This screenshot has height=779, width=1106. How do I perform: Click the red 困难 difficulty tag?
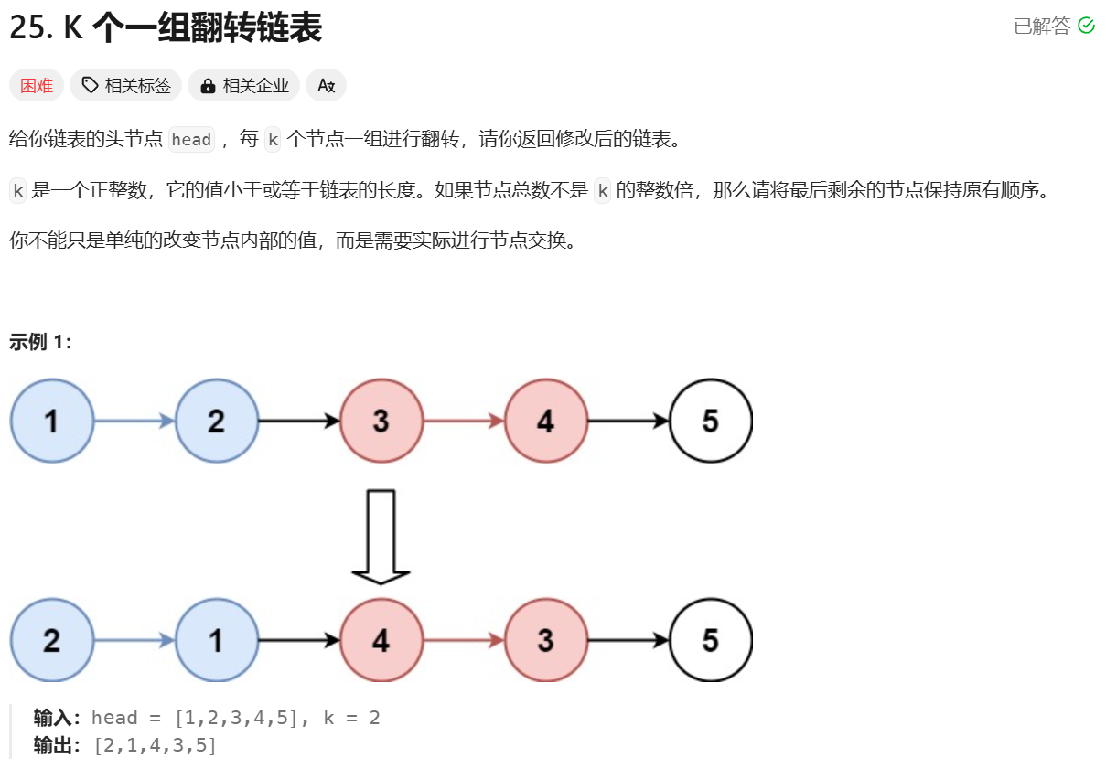(37, 85)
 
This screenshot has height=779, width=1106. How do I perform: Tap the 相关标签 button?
(126, 85)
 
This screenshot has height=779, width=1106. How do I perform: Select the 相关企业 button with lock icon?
(244, 85)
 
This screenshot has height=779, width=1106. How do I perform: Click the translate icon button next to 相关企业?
(326, 85)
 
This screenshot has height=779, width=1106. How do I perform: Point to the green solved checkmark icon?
(1086, 26)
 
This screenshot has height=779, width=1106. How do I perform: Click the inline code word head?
(191, 140)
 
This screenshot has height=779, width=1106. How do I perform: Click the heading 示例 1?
(40, 342)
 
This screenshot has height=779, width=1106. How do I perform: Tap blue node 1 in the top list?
(52, 421)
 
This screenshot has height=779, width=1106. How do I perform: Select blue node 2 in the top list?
(217, 421)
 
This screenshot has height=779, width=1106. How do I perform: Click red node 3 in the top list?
(381, 421)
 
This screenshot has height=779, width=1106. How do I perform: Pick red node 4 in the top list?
(546, 421)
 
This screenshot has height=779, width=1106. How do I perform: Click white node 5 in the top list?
(711, 421)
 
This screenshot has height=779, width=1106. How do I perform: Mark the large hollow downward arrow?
(381, 537)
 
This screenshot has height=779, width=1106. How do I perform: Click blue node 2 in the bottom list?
(52, 640)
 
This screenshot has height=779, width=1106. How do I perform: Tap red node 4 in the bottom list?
(381, 640)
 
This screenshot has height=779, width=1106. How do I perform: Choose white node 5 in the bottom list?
(711, 640)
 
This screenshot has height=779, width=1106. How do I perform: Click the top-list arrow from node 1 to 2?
(134, 421)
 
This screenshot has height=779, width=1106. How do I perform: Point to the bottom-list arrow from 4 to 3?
(464, 640)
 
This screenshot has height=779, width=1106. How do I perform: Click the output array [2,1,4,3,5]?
(155, 745)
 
